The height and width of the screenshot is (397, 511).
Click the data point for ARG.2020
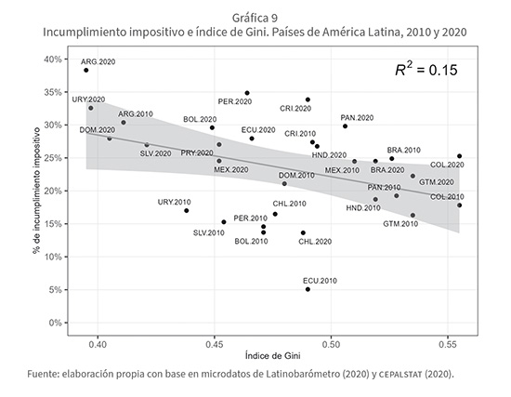click(x=86, y=70)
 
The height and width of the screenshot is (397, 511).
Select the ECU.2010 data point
click(x=308, y=289)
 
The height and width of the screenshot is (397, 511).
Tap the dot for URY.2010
click(x=187, y=211)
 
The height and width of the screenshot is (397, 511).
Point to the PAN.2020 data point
click(x=345, y=126)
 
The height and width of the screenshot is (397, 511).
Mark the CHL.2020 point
click(x=303, y=233)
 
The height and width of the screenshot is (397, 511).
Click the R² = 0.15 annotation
click(x=426, y=70)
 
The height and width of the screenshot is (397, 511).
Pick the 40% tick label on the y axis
click(x=54, y=60)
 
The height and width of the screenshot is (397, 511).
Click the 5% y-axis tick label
click(x=56, y=290)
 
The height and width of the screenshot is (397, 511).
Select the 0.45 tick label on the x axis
click(x=214, y=345)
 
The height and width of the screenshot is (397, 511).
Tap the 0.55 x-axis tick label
click(x=448, y=345)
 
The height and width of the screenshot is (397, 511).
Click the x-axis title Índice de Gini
click(x=273, y=355)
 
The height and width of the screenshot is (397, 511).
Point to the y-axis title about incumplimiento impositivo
click(x=36, y=191)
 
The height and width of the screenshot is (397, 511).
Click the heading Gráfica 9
click(x=255, y=18)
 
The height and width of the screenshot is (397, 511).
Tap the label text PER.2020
click(x=235, y=101)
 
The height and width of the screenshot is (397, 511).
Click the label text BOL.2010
click(x=251, y=242)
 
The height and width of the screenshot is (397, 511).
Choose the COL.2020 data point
click(x=460, y=156)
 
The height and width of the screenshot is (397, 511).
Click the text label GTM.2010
click(x=400, y=224)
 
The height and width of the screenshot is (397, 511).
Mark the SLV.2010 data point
click(x=224, y=222)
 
